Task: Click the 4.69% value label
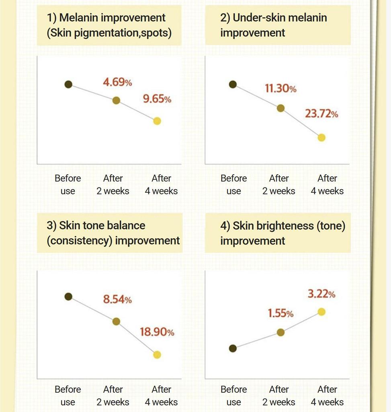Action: point(117,82)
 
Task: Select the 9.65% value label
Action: point(157,99)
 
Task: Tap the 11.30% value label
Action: point(280,89)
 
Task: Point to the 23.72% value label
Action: point(321,114)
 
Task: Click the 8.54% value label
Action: point(117,299)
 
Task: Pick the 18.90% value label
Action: point(157,332)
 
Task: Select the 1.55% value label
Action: point(280,313)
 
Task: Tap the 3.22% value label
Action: point(321,294)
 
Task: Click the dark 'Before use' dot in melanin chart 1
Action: point(68,84)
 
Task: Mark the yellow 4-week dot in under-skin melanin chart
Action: point(321,138)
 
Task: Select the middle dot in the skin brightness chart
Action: point(281,332)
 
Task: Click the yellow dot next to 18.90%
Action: point(157,354)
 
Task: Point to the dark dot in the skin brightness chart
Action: point(233,348)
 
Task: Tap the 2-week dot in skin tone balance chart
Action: point(116,321)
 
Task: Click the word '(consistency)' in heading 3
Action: point(80,241)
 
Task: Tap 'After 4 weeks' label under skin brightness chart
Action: point(327,396)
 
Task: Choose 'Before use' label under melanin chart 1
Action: point(68,184)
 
